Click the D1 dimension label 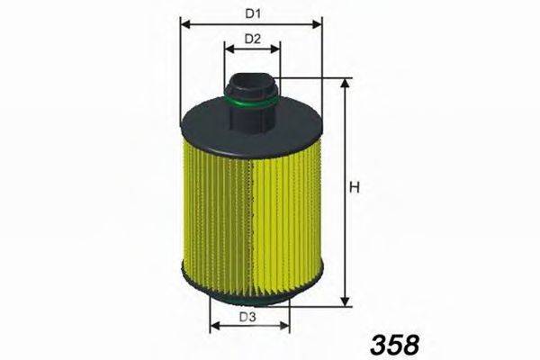click(x=253, y=14)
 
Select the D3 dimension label click(x=248, y=317)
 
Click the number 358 click(x=393, y=343)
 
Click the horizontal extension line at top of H click(x=310, y=79)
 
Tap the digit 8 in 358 click(x=409, y=343)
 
